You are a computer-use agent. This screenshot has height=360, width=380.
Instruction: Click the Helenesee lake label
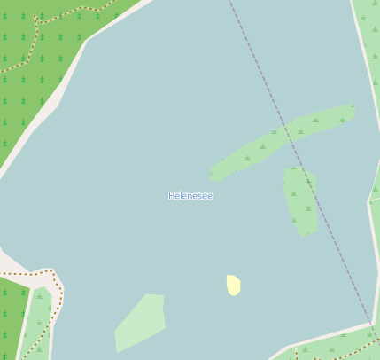click(x=190, y=196)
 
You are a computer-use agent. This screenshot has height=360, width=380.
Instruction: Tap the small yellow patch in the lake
click(x=233, y=285)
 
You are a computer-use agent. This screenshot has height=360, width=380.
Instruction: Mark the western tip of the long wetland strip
click(x=213, y=174)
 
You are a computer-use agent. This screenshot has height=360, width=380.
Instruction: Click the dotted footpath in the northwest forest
click(x=36, y=40)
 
